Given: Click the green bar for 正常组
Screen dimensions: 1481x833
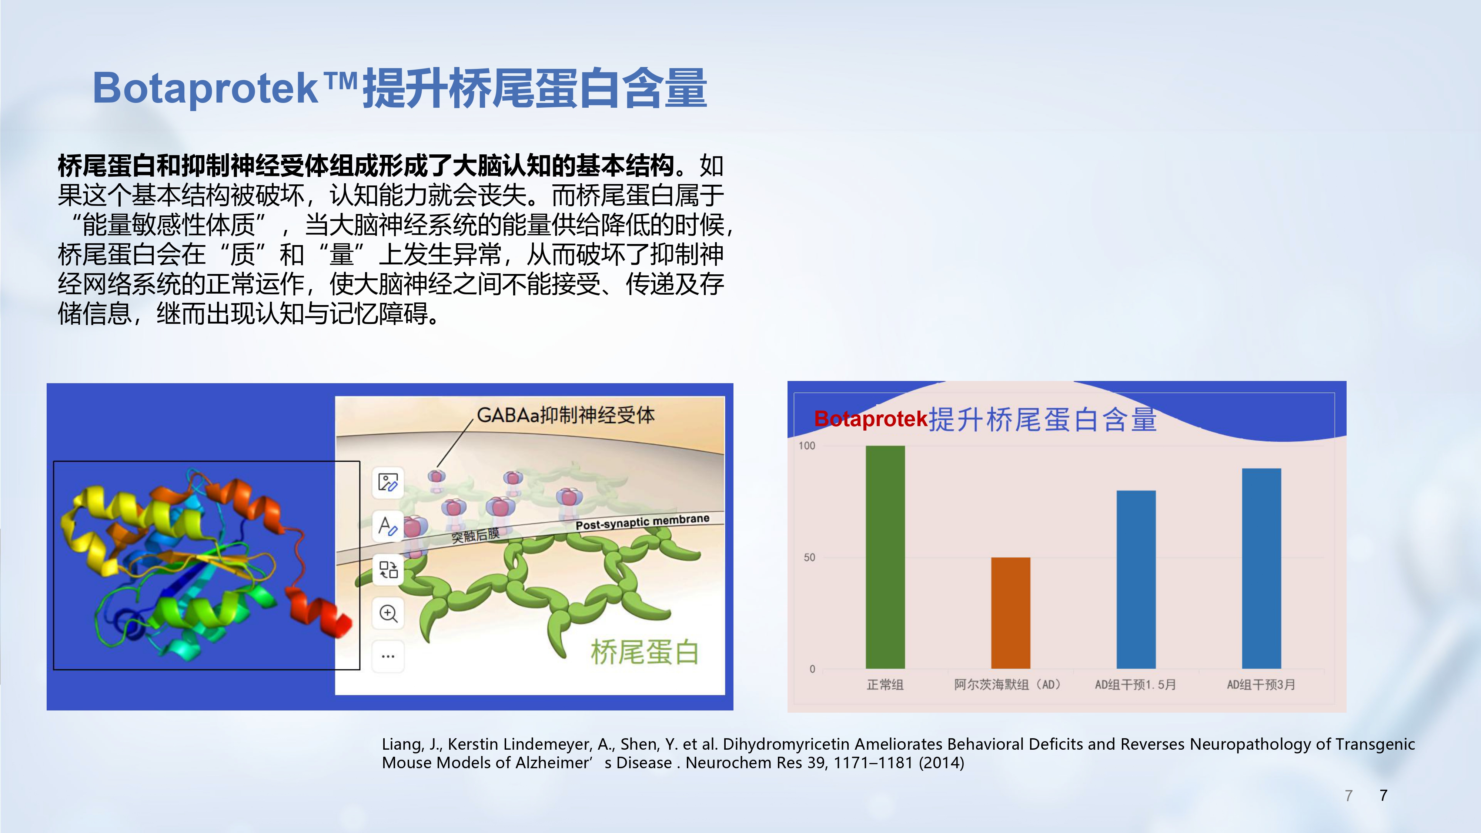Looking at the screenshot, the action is click(x=885, y=557).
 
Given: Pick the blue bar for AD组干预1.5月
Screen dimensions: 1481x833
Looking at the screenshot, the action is click(x=1136, y=579).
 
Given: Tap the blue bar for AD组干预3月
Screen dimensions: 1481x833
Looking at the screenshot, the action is click(x=1261, y=569).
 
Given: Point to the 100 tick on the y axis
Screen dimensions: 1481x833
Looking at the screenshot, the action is click(x=807, y=445).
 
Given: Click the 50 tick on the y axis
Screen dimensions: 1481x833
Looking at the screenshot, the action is click(x=809, y=557).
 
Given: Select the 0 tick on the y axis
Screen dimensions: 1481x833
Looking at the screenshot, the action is click(x=812, y=669).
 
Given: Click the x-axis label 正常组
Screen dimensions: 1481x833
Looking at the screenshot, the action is click(x=885, y=685).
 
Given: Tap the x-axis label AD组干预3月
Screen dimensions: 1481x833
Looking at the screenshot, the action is click(x=1261, y=685).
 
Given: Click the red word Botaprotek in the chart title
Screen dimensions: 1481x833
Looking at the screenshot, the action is click(x=871, y=419).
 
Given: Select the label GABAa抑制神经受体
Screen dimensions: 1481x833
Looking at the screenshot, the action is click(x=566, y=415).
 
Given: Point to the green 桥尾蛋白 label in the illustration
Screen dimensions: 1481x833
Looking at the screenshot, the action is click(x=645, y=652).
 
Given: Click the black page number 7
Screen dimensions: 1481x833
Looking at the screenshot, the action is click(x=1383, y=795).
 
